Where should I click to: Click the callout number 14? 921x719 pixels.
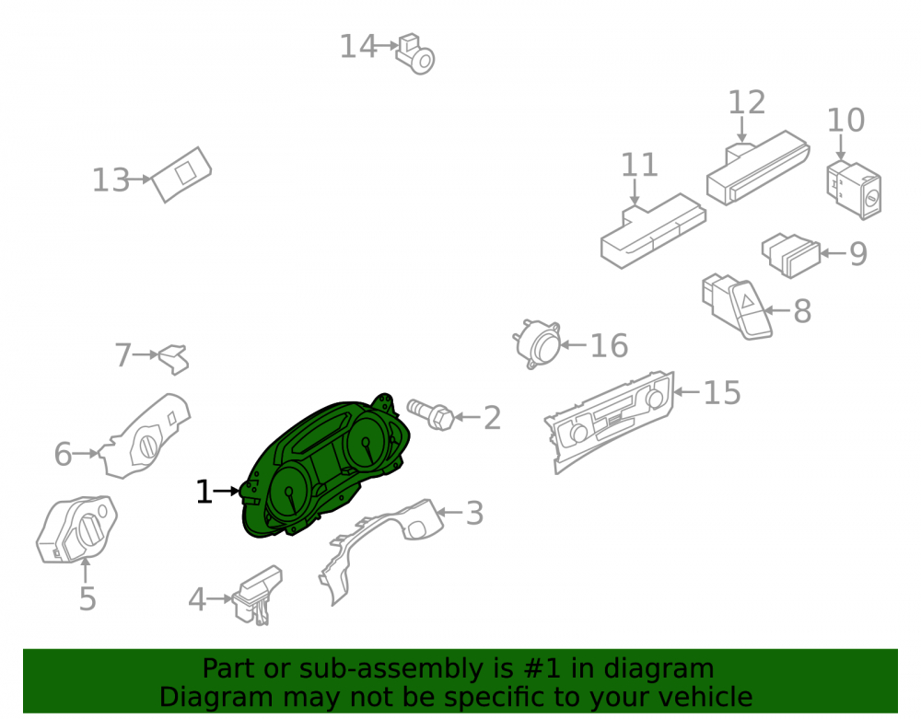357,46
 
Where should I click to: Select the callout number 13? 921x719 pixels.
111,180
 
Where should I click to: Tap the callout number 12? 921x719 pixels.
747,103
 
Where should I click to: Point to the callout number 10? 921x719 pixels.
845,121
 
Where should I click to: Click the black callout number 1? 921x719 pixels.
204,492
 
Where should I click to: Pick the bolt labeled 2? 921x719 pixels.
430,414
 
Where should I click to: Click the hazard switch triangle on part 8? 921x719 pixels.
748,302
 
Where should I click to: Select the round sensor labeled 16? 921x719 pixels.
538,344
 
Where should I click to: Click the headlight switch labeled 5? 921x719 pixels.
76,530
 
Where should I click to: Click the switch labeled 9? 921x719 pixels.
790,255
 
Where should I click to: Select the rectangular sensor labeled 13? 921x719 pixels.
181,174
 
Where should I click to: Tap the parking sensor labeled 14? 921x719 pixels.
414,54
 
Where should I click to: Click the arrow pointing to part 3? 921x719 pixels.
449,513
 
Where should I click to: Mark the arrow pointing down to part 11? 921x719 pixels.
635,192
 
